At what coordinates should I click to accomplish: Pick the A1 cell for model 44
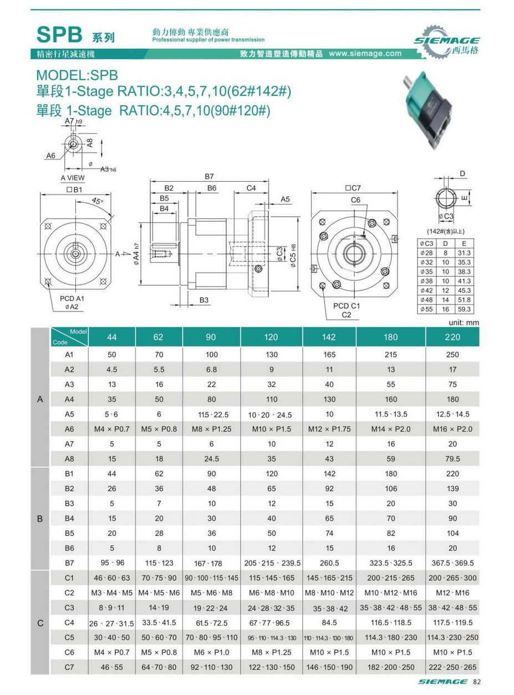point(113,354)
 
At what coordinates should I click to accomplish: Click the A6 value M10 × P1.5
point(272,429)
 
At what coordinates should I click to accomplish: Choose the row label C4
point(69,622)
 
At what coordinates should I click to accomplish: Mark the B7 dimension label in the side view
point(209,176)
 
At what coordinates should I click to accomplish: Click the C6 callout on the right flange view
point(355,199)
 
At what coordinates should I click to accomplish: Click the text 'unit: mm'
point(462,323)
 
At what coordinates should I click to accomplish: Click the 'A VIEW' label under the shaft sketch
point(72,178)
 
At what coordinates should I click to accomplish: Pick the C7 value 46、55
point(113,667)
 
